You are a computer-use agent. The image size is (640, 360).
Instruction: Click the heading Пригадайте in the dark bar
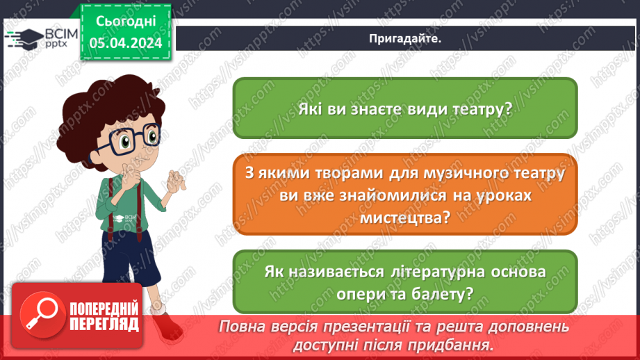coord(404,39)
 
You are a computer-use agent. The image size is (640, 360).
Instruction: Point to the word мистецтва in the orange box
coord(404,218)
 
